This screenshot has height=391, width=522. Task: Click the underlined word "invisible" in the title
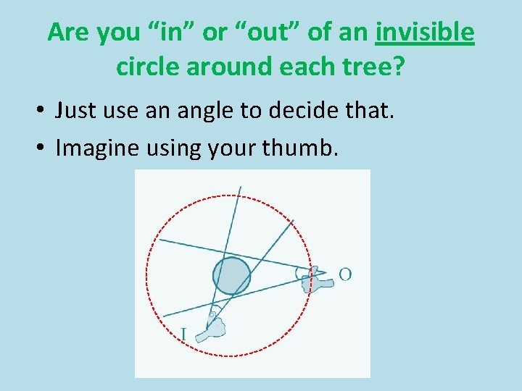[425, 33]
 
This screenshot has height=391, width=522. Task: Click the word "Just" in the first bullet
[77, 111]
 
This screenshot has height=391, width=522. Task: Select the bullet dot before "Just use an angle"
[42, 112]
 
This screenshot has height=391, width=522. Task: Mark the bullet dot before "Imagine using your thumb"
[42, 148]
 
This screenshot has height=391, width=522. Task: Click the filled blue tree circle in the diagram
[231, 276]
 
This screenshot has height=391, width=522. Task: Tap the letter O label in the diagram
[345, 274]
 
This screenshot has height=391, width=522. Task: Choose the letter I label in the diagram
[183, 334]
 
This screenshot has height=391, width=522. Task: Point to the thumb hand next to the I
[215, 327]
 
